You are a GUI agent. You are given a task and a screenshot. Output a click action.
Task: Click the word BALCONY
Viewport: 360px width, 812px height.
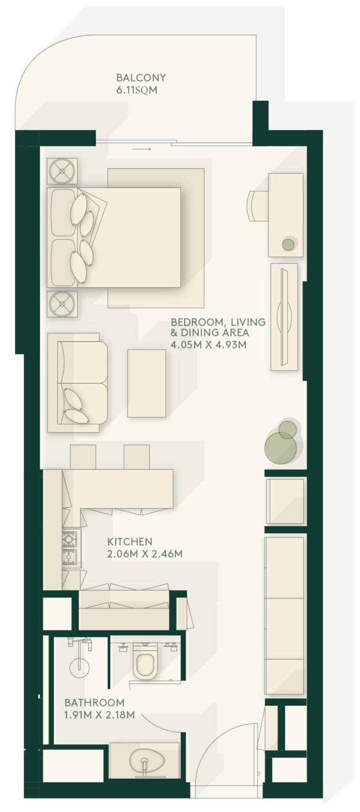[141, 78]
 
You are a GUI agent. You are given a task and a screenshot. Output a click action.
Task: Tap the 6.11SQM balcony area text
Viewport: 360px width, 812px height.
[136, 90]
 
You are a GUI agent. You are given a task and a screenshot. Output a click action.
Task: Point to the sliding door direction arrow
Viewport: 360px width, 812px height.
[141, 150]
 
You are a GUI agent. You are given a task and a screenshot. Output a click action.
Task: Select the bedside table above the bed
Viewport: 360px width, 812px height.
[62, 171]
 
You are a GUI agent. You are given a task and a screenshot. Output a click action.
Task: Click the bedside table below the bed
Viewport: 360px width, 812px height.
[62, 304]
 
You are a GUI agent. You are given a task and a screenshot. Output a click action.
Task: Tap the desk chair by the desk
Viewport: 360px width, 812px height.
[257, 206]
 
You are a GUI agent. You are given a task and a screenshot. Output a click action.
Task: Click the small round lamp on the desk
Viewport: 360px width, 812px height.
[288, 244]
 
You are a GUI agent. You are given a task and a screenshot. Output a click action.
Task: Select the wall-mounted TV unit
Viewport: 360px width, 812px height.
[284, 317]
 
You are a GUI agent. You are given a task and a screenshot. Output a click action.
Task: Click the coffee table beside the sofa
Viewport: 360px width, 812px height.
[146, 383]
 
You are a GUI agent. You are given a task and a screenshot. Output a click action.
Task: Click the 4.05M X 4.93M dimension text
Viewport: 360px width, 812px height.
[208, 345]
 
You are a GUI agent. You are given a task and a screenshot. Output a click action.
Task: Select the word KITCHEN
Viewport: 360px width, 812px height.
[129, 542]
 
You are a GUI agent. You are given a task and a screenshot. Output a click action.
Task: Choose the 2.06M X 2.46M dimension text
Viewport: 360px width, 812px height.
[144, 554]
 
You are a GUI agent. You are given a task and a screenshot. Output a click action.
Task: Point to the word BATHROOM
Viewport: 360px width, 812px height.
[94, 703]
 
